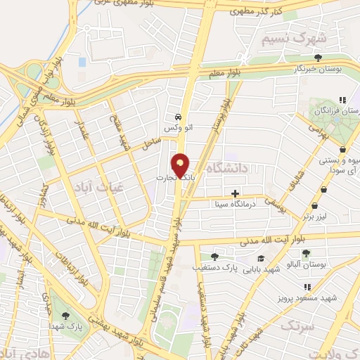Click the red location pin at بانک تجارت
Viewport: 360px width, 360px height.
click(181, 165)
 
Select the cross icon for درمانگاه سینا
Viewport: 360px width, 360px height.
click(235, 193)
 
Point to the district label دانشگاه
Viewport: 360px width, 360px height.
click(230, 167)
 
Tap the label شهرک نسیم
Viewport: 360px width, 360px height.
click(287, 39)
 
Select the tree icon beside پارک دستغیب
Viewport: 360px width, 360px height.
click(214, 257)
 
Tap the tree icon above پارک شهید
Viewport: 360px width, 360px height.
click(67, 316)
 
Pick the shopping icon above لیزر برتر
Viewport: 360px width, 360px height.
click(314, 206)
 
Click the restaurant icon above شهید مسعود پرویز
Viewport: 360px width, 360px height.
click(307, 287)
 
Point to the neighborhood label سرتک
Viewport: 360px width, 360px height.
click(294, 325)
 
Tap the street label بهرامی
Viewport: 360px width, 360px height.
click(318, 133)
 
